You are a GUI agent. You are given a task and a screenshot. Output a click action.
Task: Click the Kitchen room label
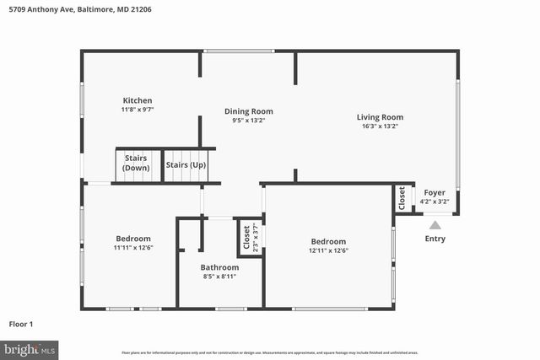tap(137, 100)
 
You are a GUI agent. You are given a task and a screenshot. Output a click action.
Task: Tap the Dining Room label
tap(248, 110)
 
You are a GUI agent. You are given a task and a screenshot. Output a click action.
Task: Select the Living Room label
tap(379, 117)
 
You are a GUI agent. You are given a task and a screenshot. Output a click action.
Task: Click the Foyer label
tap(434, 192)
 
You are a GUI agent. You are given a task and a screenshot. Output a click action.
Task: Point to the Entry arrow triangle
tap(435, 224)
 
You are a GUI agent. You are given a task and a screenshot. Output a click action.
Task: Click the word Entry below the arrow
tap(435, 239)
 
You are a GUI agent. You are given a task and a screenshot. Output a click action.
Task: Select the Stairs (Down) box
tap(136, 163)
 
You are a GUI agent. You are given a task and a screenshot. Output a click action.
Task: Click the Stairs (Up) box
tap(186, 164)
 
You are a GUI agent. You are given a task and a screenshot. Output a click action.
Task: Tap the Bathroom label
tap(219, 267)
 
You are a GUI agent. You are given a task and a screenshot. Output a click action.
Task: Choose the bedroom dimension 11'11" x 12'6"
tap(133, 247)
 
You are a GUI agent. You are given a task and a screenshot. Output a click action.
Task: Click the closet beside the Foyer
tap(402, 197)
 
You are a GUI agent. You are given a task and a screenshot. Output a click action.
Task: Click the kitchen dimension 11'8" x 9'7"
tap(137, 110)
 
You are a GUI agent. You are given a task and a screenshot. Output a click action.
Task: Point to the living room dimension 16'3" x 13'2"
tap(379, 126)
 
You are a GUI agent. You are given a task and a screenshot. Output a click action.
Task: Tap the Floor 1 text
tap(21, 323)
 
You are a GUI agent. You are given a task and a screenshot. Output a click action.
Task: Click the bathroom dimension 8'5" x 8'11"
tap(219, 277)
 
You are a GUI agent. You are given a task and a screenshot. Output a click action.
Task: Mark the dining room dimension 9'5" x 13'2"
tap(248, 120)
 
